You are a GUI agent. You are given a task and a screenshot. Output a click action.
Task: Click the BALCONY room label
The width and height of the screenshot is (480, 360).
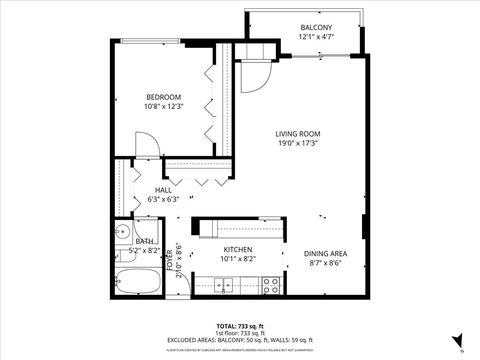(316, 27)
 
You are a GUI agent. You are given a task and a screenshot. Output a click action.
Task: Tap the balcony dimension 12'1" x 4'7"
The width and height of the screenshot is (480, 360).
(316, 37)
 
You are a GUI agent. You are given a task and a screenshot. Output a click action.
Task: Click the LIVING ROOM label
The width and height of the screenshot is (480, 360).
(298, 133)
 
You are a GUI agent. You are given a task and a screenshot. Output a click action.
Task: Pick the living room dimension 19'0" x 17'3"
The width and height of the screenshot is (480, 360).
(298, 143)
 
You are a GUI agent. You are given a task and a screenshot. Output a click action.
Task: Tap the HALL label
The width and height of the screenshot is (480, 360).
(163, 190)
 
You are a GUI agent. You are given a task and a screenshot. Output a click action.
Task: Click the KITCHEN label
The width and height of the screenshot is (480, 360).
(237, 249)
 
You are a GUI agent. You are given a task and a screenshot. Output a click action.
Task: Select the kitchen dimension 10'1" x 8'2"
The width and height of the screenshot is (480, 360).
(237, 259)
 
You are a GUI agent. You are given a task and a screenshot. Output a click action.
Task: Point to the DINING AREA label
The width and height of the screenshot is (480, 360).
(325, 253)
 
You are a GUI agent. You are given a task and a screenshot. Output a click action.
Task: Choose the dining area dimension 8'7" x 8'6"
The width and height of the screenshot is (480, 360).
(325, 263)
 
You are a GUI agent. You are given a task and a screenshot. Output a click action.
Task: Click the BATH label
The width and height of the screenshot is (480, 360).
(145, 241)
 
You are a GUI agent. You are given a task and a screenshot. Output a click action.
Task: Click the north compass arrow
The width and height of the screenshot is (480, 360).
(458, 341)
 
